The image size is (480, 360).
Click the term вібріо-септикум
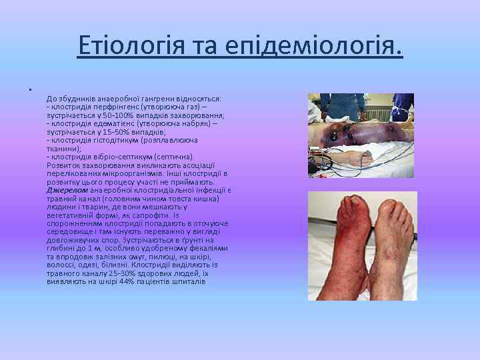click(x=116, y=157)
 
